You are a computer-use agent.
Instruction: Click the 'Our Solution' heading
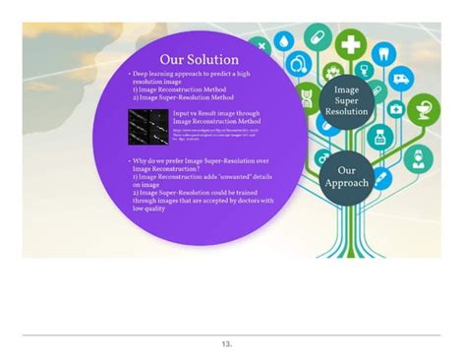(200, 58)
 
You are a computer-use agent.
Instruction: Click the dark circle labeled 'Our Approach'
(353, 176)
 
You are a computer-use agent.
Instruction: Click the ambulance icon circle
(402, 79)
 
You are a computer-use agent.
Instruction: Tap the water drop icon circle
(283, 40)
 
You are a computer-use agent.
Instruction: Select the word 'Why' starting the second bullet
(142, 159)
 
